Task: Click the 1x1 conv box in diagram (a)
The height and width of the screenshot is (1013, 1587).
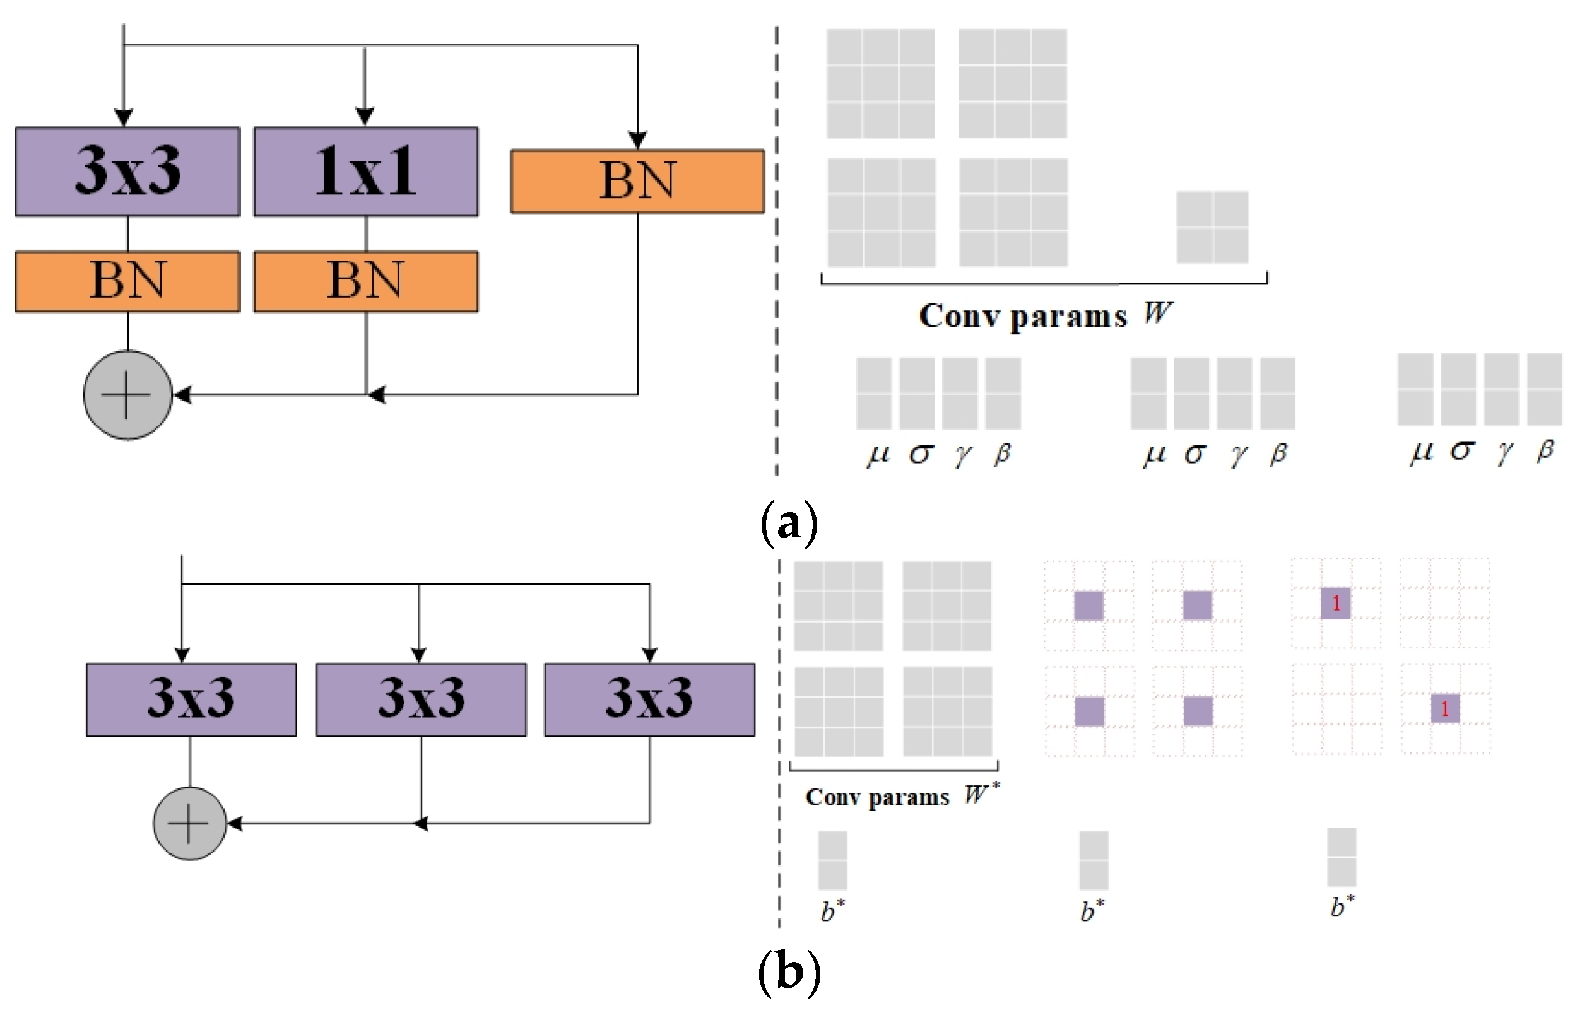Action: point(366,171)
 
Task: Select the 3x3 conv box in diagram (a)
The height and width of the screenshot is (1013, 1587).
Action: point(127,171)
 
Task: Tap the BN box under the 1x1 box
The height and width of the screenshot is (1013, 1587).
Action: point(366,281)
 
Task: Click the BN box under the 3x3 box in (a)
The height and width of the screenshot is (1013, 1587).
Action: point(127,281)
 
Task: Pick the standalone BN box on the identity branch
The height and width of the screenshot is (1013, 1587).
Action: point(637,181)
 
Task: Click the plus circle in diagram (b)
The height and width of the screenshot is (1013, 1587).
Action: point(190,823)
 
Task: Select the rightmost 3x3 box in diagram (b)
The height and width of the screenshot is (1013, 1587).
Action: point(649,699)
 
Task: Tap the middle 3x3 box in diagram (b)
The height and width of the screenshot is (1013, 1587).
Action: point(420,699)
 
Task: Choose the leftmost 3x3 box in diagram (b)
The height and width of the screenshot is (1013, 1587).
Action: point(191,699)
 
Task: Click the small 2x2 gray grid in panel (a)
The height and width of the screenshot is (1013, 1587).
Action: point(1213,227)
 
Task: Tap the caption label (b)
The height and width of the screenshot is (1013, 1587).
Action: point(789,972)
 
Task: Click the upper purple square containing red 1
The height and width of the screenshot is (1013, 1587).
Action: point(1335,603)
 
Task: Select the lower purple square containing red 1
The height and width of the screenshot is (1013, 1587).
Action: point(1444,709)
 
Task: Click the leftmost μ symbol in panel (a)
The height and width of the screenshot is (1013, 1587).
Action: point(878,455)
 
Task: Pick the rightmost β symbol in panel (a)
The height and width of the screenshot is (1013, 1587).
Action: point(1545,451)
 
